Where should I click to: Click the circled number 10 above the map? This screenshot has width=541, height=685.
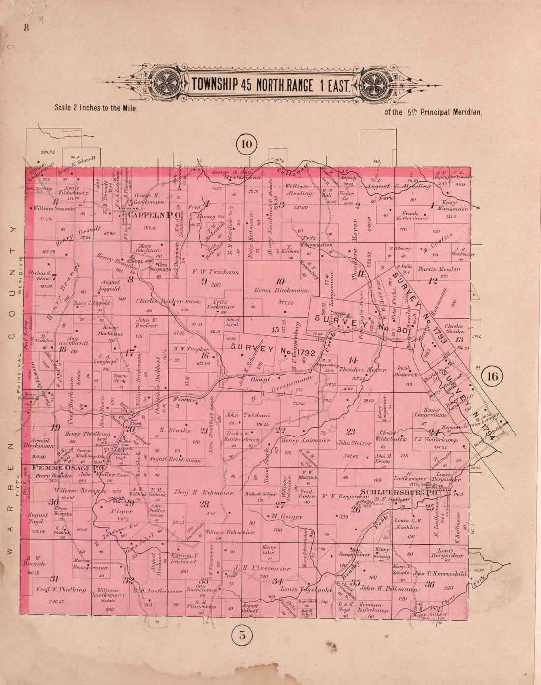[x=246, y=144]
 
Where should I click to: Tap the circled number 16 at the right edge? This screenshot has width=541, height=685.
[x=493, y=376]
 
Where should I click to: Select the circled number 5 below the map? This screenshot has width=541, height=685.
[x=242, y=635]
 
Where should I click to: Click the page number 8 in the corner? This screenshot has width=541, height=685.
[x=26, y=28]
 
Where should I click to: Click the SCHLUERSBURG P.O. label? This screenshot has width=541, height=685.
[x=398, y=492]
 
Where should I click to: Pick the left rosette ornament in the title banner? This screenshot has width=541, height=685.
[x=167, y=82]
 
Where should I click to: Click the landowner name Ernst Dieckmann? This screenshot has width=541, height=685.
[x=281, y=291]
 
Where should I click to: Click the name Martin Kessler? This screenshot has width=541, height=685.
[x=439, y=269]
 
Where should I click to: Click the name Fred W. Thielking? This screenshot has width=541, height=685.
[x=60, y=589]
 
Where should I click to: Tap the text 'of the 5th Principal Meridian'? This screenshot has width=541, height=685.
[x=433, y=112]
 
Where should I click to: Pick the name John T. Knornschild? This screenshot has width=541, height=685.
[x=440, y=574]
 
